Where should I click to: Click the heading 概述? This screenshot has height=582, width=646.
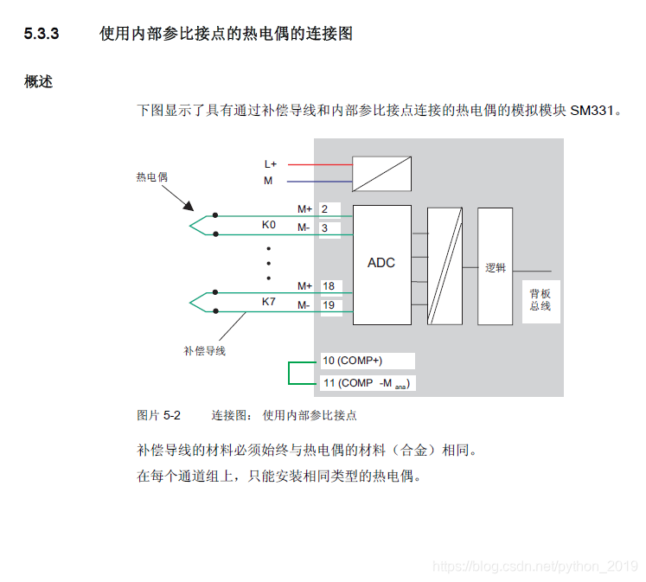(38, 82)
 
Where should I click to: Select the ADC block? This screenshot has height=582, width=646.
(381, 263)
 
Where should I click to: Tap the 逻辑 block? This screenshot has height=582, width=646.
(495, 268)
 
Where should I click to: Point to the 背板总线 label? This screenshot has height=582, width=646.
(540, 300)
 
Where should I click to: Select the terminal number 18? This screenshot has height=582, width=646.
(328, 286)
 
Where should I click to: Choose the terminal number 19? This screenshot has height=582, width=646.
(328, 305)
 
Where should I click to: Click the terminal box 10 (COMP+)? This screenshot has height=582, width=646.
(367, 361)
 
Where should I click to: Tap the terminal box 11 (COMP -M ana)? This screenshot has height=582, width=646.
(367, 382)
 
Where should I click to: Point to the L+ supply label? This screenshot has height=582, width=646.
(271, 163)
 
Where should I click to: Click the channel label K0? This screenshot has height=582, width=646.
(269, 225)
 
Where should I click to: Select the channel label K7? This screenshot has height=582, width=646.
(269, 302)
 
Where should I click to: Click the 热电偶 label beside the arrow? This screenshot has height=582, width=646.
(151, 176)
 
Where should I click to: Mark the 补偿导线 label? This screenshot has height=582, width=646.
(204, 351)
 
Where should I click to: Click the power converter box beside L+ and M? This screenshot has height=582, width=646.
(381, 173)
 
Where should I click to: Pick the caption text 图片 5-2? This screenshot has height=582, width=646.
(159, 415)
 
